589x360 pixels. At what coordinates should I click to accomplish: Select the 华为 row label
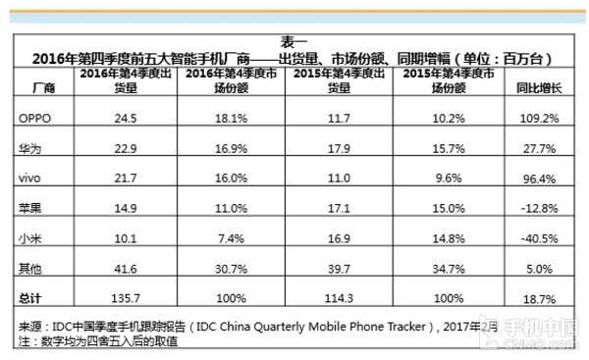pos(29,148)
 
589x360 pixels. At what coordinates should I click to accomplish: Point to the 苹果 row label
pos(29,208)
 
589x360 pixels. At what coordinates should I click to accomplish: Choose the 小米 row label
pos(29,237)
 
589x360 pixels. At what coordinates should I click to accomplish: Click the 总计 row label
pos(29,298)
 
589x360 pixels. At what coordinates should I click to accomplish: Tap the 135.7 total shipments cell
pos(126,298)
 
